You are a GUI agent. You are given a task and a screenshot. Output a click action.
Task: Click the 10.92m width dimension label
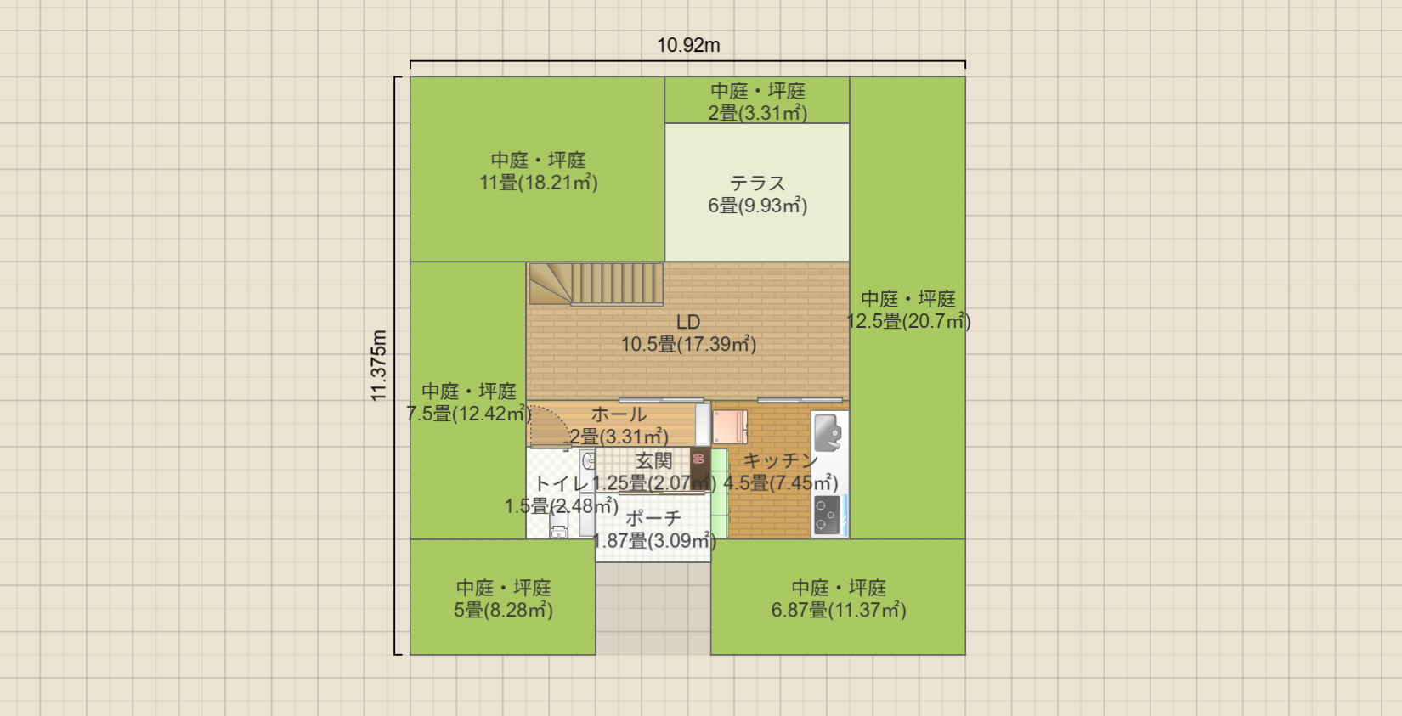tap(688, 45)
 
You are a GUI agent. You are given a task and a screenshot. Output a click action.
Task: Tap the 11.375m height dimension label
tap(379, 365)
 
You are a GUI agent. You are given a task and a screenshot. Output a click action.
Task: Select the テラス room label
tap(757, 183)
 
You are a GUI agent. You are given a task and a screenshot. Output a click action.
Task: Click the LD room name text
tap(688, 322)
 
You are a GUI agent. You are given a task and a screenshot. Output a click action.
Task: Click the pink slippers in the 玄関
tap(699, 460)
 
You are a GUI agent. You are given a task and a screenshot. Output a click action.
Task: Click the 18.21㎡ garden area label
tap(538, 183)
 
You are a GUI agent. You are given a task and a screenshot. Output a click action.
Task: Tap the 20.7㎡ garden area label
tap(908, 321)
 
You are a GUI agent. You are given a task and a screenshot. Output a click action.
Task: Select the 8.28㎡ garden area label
tap(503, 610)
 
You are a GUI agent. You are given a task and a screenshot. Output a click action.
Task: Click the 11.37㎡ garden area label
tap(838, 610)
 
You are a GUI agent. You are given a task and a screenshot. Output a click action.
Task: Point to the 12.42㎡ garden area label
tap(468, 414)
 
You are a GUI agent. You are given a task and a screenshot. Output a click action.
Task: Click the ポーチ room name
tap(653, 518)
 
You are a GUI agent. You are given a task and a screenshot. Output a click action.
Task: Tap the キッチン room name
tap(780, 460)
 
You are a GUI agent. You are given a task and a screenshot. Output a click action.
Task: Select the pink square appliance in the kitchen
tap(729, 427)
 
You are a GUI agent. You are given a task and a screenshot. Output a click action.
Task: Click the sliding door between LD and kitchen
tap(800, 400)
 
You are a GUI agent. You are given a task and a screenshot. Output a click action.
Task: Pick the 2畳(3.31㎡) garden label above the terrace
tap(757, 113)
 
